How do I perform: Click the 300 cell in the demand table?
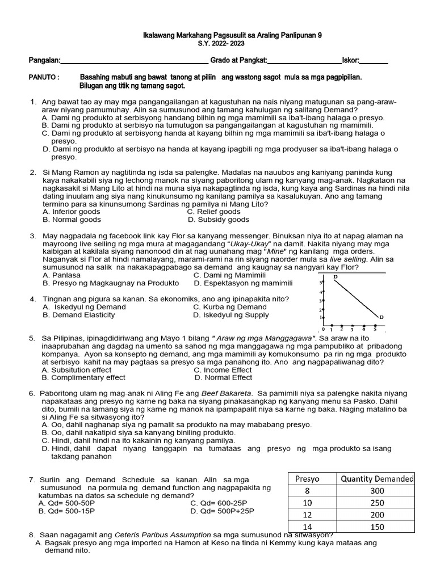(x=377, y=491)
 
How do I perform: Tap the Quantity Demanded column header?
(x=377, y=478)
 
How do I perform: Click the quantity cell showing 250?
(x=377, y=503)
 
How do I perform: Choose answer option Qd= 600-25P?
(x=222, y=503)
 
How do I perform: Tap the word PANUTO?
(x=44, y=77)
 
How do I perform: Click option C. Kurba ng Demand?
(x=222, y=307)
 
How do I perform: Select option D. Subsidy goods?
(x=219, y=220)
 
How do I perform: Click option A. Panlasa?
(x=62, y=275)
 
